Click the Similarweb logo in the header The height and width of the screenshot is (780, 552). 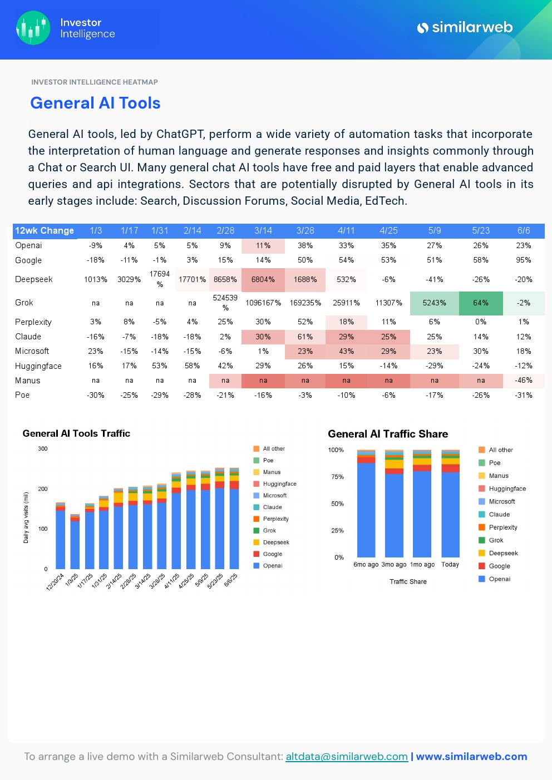point(465,27)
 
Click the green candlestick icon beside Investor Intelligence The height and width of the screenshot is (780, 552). point(33,28)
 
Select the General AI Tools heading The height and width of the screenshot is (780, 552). point(95,103)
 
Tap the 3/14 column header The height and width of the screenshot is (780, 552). point(263,230)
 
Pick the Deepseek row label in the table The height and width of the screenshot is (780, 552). point(34,279)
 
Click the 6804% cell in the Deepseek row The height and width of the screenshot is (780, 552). point(263,279)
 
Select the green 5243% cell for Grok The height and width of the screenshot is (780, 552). point(434,303)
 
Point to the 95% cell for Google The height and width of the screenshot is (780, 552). point(523,260)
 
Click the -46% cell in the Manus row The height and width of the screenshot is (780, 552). point(523,381)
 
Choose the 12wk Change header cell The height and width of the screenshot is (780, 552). point(45,230)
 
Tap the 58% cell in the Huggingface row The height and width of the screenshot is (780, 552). point(192,366)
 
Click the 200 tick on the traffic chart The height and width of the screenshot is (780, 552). point(43,489)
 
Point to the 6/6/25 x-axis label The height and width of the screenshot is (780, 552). point(230,581)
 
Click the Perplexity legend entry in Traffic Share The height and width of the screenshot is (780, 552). point(502,527)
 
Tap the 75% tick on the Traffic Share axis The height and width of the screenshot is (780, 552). point(337,477)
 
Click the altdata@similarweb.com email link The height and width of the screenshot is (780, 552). point(347,757)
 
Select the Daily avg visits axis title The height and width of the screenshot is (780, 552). point(26,517)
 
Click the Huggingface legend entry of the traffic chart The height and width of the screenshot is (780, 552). point(279,484)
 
